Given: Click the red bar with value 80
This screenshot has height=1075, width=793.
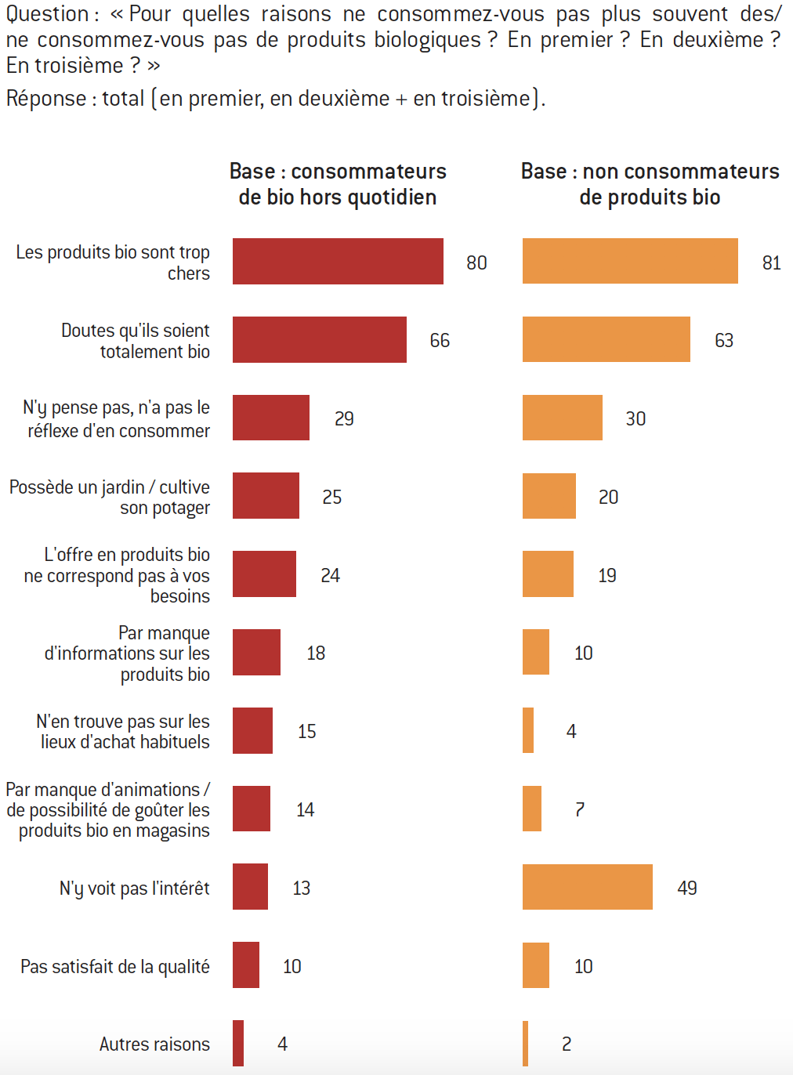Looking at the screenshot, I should (x=338, y=261).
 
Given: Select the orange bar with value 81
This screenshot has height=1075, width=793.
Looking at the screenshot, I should (x=630, y=261).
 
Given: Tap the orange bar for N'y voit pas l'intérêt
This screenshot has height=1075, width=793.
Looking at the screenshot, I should (x=587, y=887).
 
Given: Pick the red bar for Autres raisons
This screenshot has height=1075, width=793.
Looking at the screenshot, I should (x=238, y=1043).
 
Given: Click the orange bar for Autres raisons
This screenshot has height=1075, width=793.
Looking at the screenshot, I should (x=526, y=1044).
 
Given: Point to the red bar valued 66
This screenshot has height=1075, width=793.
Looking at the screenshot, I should (x=320, y=339).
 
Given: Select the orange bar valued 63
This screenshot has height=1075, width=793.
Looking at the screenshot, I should (x=606, y=339).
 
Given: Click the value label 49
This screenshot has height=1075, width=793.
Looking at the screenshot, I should (x=687, y=888).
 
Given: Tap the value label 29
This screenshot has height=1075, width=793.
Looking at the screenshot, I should (x=344, y=418).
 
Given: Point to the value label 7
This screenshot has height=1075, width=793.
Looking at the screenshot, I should (x=580, y=809).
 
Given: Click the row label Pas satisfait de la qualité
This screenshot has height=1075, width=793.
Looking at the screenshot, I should (x=115, y=966).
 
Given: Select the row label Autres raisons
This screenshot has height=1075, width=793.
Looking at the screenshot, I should (x=154, y=1044).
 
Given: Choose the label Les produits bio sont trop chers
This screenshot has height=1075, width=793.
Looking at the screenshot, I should (x=113, y=262).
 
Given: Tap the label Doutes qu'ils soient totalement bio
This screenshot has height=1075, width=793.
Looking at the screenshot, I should (x=136, y=341).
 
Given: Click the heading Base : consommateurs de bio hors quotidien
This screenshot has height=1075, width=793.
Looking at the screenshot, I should (x=338, y=184).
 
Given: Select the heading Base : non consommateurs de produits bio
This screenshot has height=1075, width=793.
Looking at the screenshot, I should (x=650, y=184).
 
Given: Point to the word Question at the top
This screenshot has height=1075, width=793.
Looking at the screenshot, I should (x=48, y=14).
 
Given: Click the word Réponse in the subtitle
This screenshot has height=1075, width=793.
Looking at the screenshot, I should (x=46, y=99).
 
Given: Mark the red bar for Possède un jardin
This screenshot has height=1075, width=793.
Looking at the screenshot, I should (x=266, y=495).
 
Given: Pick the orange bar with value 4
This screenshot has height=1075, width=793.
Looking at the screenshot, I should (x=528, y=730).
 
